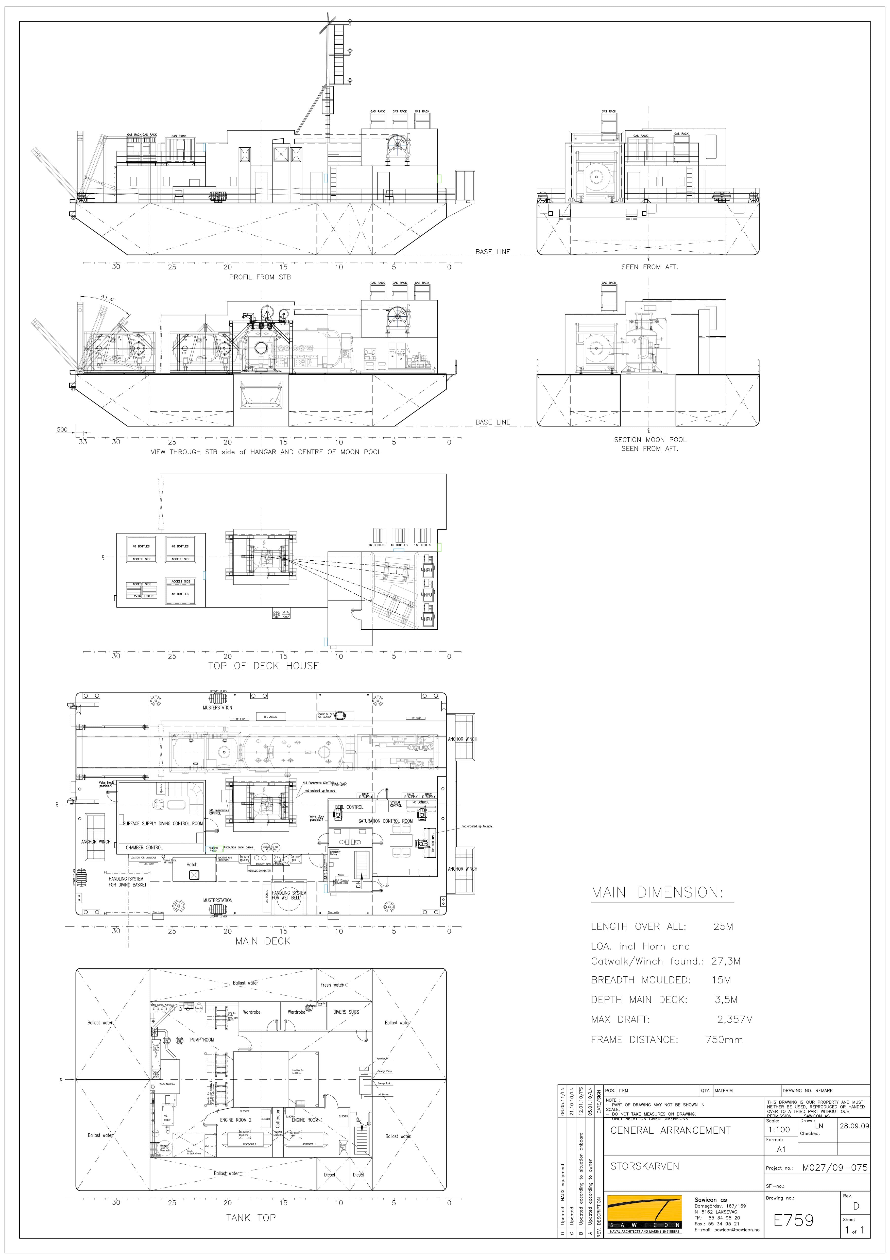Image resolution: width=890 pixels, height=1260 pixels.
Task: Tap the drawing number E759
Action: [x=793, y=1220]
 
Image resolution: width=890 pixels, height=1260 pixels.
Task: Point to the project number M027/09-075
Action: [x=835, y=1168]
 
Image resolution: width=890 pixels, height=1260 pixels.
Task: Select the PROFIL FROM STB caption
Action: [x=260, y=277]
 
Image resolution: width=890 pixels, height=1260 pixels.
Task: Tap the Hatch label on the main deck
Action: [x=192, y=864]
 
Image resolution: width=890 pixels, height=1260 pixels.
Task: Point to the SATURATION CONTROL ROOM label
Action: [x=385, y=821]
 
